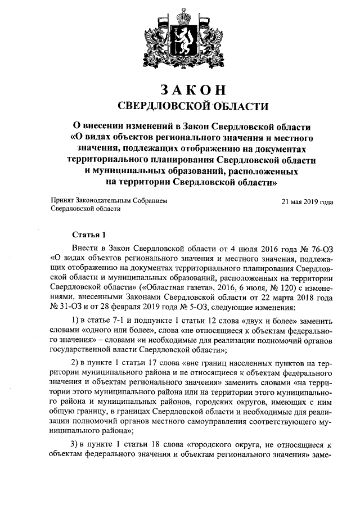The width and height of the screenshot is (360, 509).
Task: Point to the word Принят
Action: coord(62,200)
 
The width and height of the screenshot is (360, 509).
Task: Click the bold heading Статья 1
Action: coord(88,234)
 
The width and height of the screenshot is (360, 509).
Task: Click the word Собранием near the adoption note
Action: coord(147,200)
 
